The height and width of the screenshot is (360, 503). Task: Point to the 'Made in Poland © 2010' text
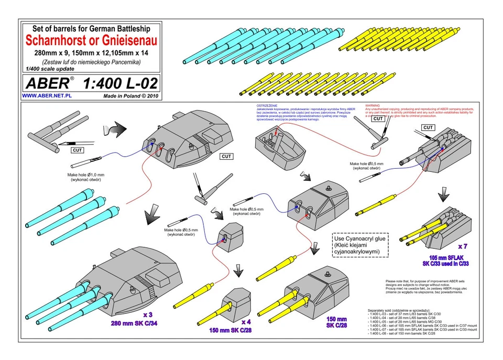(x=130, y=96)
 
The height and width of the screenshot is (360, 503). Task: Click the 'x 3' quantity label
(x=148, y=315)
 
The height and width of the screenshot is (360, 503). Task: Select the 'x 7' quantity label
(x=463, y=246)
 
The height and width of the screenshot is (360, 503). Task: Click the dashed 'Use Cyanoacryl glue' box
(x=360, y=245)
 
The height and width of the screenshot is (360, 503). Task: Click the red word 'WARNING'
(x=372, y=105)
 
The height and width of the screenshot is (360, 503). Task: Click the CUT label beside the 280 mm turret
(x=226, y=156)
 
